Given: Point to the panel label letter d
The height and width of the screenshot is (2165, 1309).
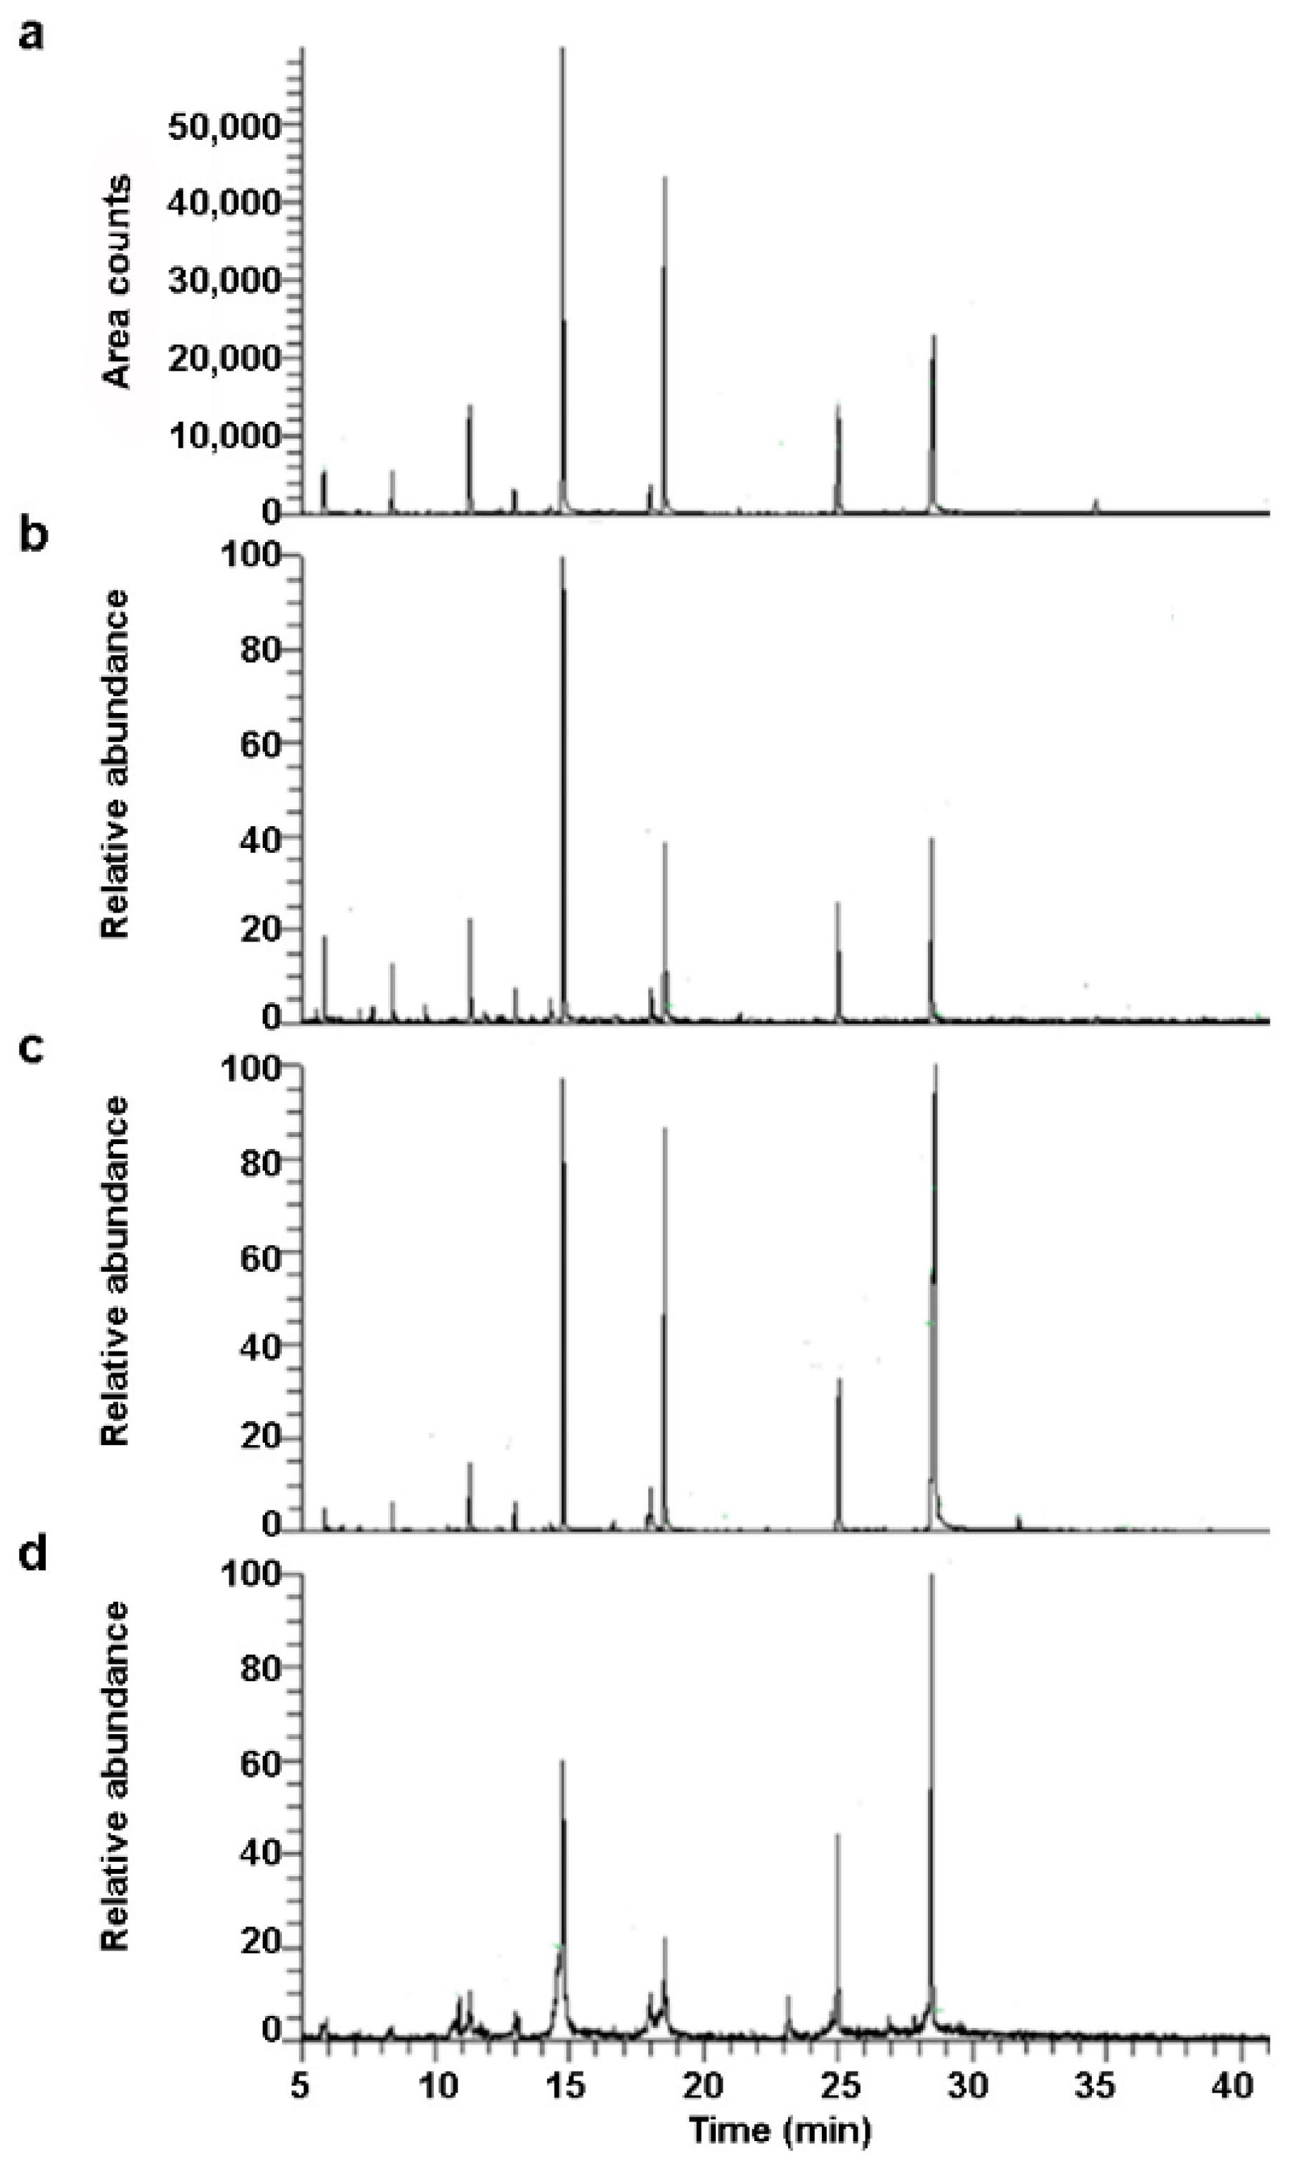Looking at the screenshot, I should click(x=32, y=1555).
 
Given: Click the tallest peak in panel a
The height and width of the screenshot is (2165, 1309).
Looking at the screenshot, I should click(x=562, y=53).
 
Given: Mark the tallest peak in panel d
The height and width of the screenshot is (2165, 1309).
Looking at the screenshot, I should click(x=931, y=1581).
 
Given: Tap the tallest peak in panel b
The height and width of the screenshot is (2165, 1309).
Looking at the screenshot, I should click(x=562, y=563).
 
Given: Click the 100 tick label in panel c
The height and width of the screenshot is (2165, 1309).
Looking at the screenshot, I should click(x=262, y=1069).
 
